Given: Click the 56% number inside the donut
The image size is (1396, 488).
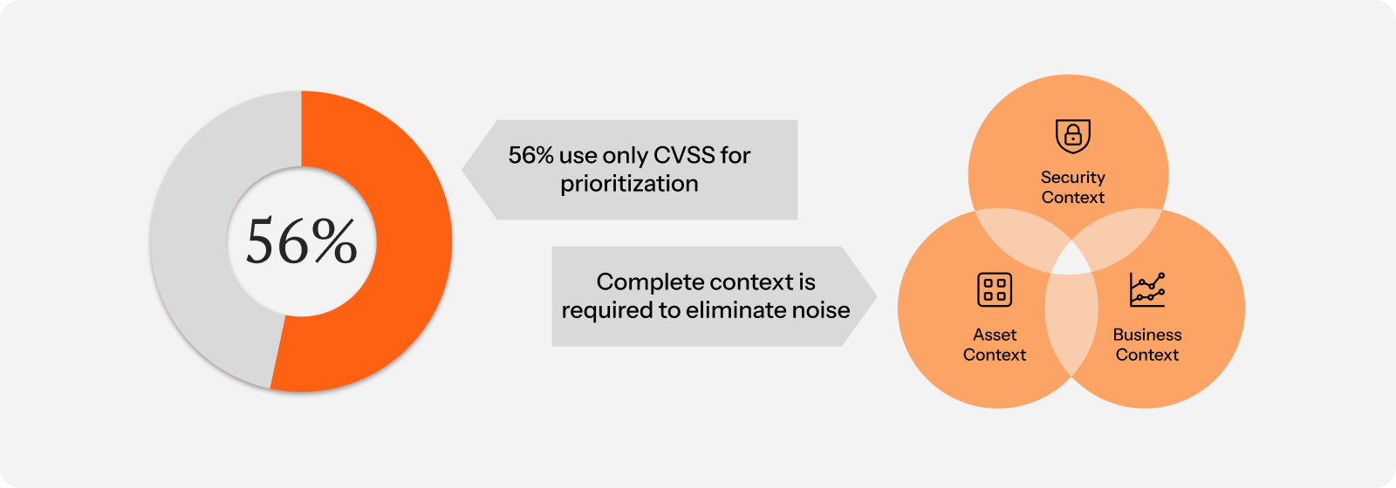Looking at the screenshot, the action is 302,241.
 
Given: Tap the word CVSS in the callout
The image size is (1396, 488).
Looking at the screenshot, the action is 684,155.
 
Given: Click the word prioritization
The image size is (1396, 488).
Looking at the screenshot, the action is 629,184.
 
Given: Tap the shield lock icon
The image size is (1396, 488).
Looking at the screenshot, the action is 1072,136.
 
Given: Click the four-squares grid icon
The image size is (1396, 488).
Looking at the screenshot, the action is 995,289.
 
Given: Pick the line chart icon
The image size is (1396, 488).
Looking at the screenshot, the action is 1147,289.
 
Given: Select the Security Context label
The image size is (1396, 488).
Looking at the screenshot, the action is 1072,187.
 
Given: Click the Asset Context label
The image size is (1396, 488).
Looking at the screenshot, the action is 995,345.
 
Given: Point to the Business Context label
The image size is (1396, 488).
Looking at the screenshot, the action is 1147,345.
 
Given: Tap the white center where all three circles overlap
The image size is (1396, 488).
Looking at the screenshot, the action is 1071,261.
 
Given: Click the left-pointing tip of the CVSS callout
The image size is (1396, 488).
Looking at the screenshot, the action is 462,169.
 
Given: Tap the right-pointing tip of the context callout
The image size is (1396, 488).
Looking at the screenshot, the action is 876,296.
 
